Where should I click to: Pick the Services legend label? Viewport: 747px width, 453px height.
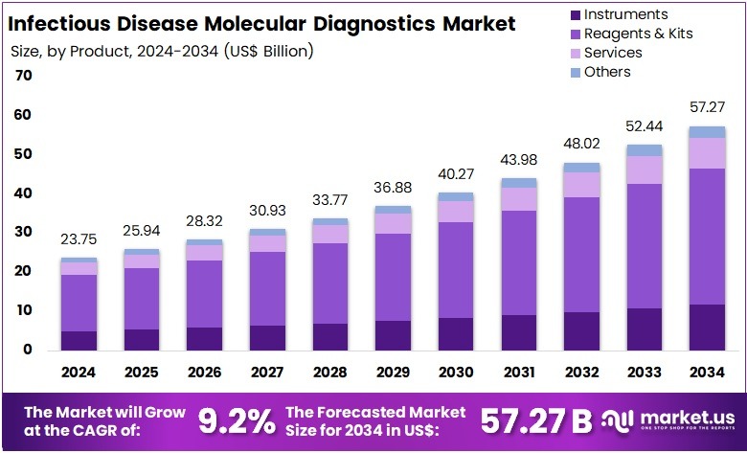(612, 53)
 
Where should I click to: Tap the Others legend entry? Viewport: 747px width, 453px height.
(607, 72)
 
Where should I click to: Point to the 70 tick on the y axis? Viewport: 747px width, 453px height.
(24, 76)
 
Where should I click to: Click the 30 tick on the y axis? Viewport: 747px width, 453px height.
(24, 232)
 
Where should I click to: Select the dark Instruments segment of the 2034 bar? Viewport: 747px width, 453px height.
(707, 327)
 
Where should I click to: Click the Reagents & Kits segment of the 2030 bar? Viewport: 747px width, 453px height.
(456, 270)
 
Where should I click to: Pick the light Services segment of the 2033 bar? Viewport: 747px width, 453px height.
(644, 170)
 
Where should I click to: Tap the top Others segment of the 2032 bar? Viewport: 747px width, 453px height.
(581, 168)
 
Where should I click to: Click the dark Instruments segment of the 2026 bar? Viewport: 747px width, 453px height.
(204, 338)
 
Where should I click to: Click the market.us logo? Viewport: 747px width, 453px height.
(670, 419)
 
